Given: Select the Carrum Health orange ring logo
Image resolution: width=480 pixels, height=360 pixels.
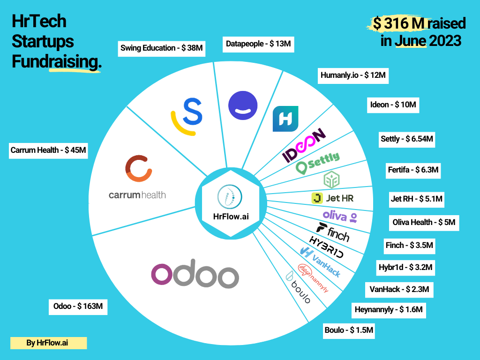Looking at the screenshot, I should point(138,168).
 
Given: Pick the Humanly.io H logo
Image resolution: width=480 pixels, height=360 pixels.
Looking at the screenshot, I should point(285,119).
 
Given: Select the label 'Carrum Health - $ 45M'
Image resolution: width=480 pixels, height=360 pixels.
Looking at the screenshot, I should point(49,150).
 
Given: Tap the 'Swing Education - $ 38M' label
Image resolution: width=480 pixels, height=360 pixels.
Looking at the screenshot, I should point(162,48).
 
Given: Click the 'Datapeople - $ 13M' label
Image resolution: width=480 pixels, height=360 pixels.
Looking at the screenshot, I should point(258,44).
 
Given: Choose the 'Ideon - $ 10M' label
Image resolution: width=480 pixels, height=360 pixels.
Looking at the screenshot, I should point(393,105).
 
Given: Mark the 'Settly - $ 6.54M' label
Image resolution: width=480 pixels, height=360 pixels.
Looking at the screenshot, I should point(406,139).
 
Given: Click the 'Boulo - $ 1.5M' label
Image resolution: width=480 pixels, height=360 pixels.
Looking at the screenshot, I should point(349,330).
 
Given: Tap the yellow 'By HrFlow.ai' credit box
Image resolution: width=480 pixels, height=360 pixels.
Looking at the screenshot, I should point(49,343).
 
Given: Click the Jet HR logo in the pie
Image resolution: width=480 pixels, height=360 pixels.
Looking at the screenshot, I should point(332,198).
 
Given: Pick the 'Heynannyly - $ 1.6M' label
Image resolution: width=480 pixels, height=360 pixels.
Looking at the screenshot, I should point(388,310).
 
